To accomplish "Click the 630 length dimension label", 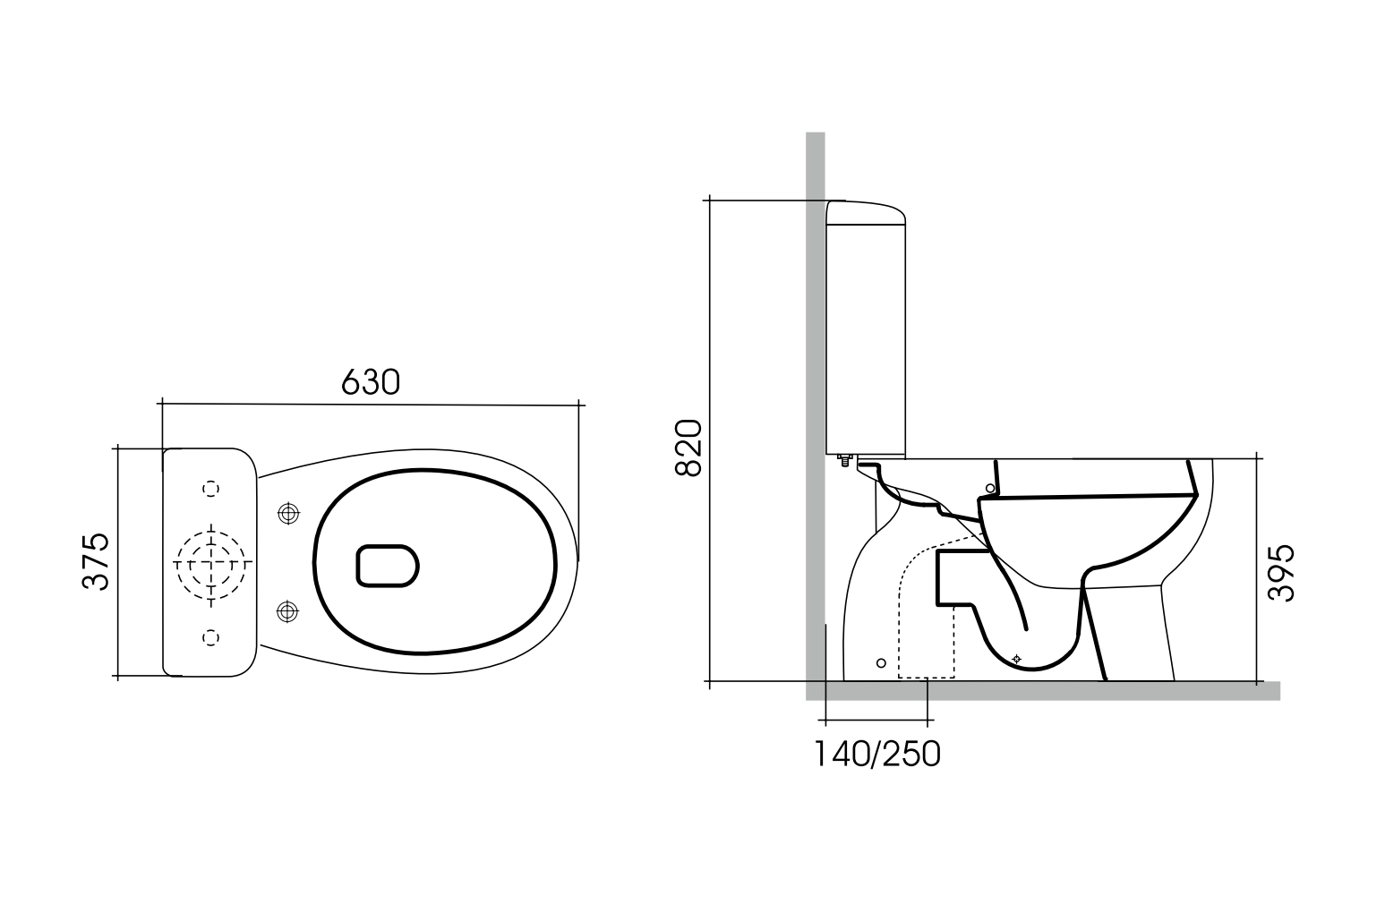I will tap(370, 382).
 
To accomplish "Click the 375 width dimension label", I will tap(96, 561).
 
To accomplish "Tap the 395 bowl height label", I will tap(1282, 573).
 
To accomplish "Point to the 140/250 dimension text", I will tap(876, 755).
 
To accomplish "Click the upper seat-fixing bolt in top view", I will tap(287, 513).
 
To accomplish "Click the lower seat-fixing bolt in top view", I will tap(287, 611).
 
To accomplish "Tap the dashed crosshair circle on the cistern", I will tap(211, 563).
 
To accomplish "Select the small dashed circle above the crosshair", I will tap(211, 488).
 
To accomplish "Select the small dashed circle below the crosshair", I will tap(211, 636).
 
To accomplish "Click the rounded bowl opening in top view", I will tap(388, 566).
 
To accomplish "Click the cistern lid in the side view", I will tap(865, 212).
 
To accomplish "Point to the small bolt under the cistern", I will tap(842, 461).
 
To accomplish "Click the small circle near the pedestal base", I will tap(881, 662).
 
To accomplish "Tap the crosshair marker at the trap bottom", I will tap(1015, 659).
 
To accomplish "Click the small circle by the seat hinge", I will tap(989, 488).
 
